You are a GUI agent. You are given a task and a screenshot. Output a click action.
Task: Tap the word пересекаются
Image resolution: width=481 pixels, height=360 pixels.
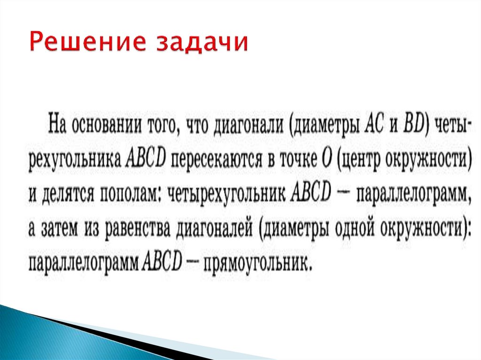click(x=218, y=160)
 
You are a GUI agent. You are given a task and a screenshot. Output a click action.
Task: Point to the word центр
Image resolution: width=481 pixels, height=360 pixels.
click(x=359, y=161)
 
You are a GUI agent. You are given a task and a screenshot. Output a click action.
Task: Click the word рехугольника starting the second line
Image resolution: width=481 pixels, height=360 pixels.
click(x=76, y=161)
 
